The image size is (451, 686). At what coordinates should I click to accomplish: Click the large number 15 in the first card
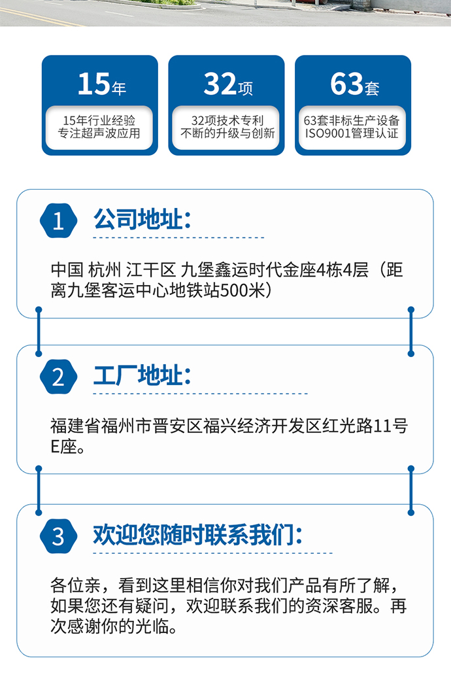[93, 84]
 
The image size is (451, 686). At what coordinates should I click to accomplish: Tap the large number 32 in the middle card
[220, 84]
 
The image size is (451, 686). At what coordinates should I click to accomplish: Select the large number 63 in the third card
[347, 84]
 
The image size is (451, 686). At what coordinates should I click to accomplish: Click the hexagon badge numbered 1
[58, 220]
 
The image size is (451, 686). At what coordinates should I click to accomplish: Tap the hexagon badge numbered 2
[58, 377]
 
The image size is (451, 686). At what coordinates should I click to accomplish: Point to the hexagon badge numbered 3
[58, 536]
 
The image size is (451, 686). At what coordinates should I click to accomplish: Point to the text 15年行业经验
[99, 120]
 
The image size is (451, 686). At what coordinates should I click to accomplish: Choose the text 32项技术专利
[227, 120]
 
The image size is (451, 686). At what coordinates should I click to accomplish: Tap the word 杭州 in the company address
[104, 270]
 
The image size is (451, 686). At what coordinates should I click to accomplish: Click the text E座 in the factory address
[63, 447]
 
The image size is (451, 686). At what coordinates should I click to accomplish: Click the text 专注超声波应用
[99, 133]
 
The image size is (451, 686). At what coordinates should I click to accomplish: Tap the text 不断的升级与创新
[227, 133]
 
